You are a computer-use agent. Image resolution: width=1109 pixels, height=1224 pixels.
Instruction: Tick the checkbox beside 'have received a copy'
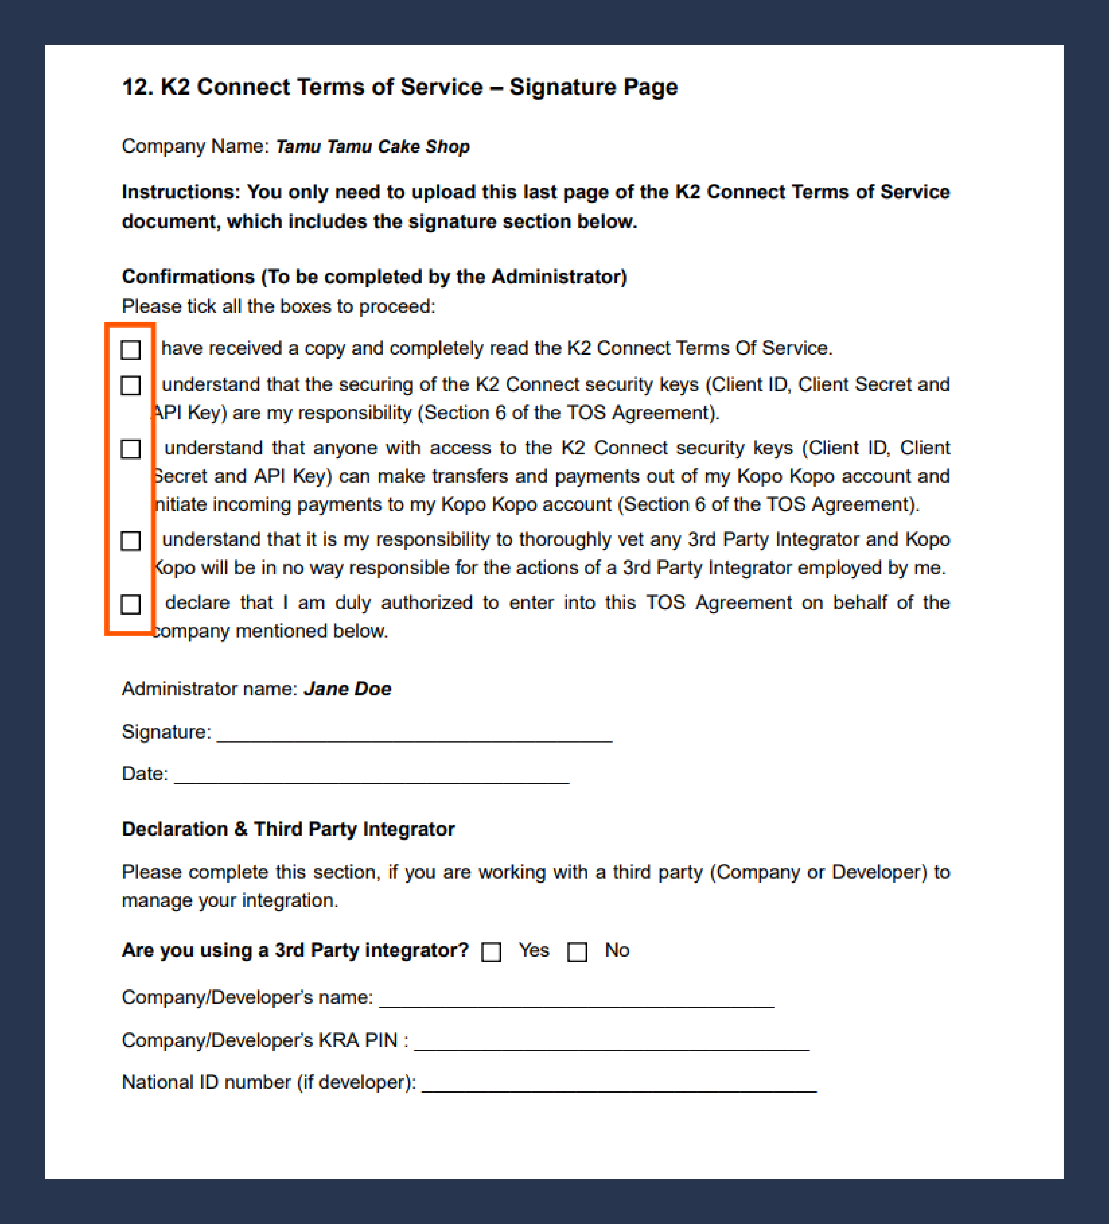(131, 350)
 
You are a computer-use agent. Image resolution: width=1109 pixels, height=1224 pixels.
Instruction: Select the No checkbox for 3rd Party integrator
(577, 951)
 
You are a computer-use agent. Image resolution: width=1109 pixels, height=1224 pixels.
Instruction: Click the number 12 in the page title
(136, 87)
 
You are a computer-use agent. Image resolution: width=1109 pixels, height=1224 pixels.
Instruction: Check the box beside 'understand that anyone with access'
(131, 449)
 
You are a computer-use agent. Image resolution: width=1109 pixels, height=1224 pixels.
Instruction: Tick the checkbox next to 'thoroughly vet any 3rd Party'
(131, 540)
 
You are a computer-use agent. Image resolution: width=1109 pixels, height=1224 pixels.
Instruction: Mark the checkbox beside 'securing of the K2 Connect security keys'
(131, 386)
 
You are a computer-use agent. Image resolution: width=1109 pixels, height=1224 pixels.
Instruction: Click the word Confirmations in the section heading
(188, 277)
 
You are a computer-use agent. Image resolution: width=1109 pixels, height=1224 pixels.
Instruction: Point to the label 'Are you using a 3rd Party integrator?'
(296, 950)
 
